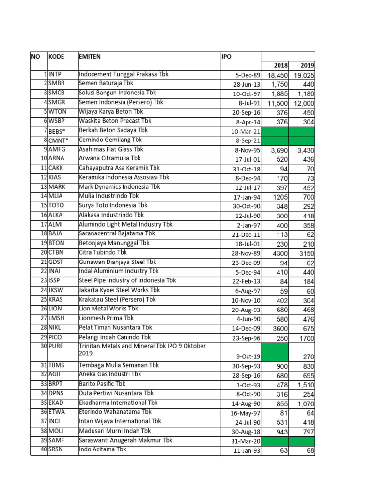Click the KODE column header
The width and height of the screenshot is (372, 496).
click(x=56, y=57)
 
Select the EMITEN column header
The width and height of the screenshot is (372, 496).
click(x=90, y=57)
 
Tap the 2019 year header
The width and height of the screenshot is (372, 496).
click(x=307, y=66)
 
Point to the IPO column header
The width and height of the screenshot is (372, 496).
click(x=226, y=57)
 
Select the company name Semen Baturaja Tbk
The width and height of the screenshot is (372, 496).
click(x=106, y=84)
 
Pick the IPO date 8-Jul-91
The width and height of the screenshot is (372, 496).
click(x=248, y=103)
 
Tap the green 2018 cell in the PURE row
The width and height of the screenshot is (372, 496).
click(x=275, y=352)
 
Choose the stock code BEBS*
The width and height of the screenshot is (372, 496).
click(x=57, y=131)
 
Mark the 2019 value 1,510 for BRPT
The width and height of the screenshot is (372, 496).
click(x=306, y=385)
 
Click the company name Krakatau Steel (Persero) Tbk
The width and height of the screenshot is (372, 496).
click(x=118, y=299)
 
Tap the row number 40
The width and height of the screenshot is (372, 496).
click(x=43, y=449)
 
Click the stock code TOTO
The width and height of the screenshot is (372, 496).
click(x=56, y=205)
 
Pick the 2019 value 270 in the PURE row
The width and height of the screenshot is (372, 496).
click(x=308, y=356)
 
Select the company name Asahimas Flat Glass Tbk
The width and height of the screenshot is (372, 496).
click(x=111, y=150)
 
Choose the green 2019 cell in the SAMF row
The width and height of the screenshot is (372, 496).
click(x=302, y=441)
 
